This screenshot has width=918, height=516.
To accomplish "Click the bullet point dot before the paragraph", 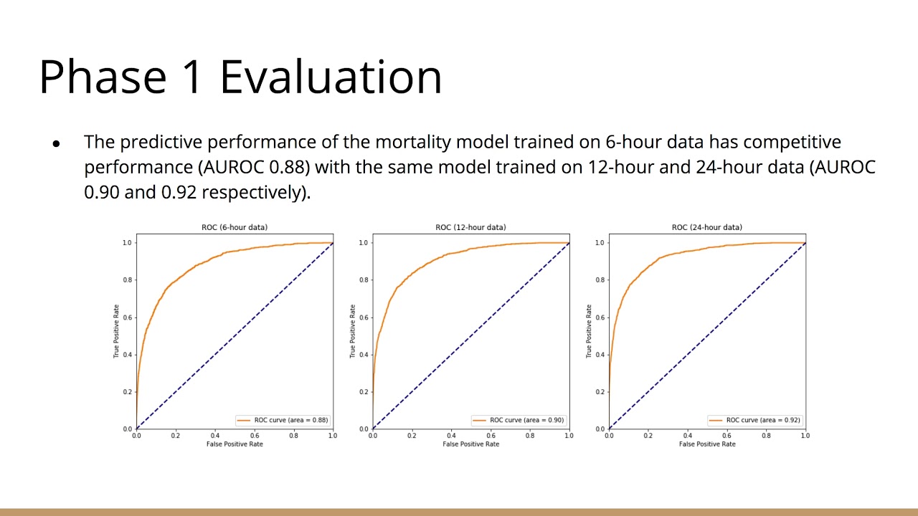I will click(x=56, y=143).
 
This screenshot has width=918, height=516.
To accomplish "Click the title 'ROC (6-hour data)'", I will click(x=235, y=227).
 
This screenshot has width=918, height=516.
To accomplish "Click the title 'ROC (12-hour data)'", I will click(x=470, y=227).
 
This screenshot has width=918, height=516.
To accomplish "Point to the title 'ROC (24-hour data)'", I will click(x=706, y=227).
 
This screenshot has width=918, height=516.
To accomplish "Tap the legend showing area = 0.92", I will click(x=754, y=420).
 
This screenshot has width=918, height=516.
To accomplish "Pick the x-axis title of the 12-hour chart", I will click(x=470, y=444).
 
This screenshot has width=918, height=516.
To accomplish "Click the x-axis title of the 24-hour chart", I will click(x=706, y=444).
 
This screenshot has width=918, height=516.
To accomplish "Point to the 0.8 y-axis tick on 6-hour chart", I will click(x=126, y=279).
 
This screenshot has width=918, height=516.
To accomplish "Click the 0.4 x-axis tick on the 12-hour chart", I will click(x=451, y=436).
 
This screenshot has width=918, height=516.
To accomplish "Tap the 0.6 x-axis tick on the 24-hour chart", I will click(x=727, y=436).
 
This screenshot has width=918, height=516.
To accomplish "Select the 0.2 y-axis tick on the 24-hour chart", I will click(x=599, y=391).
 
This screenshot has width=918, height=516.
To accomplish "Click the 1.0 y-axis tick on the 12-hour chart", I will click(x=363, y=242).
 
